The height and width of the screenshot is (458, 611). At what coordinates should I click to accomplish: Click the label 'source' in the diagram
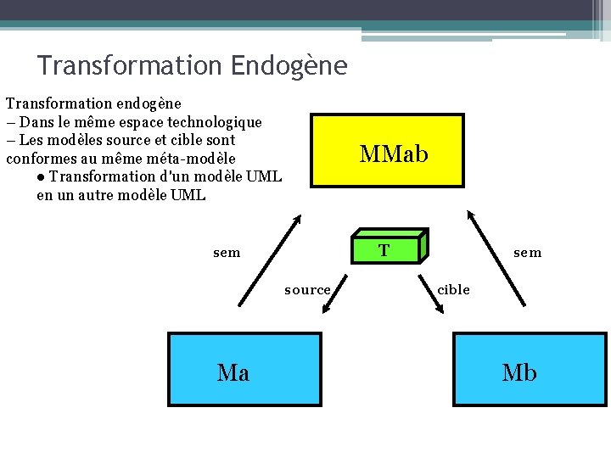307,290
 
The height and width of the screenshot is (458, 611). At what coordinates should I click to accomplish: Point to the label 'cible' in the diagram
453,290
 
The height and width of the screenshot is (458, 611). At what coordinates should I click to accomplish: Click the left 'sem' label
227,253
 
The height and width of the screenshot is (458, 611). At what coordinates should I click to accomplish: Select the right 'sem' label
527,253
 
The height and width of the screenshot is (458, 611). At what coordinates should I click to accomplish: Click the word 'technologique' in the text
215,122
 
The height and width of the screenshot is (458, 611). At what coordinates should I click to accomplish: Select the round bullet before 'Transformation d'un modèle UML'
42,177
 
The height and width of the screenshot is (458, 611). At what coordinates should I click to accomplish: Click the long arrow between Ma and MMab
269,260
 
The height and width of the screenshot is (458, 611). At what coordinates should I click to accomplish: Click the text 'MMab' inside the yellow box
394,154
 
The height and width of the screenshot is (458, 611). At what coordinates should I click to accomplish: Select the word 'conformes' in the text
40,159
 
